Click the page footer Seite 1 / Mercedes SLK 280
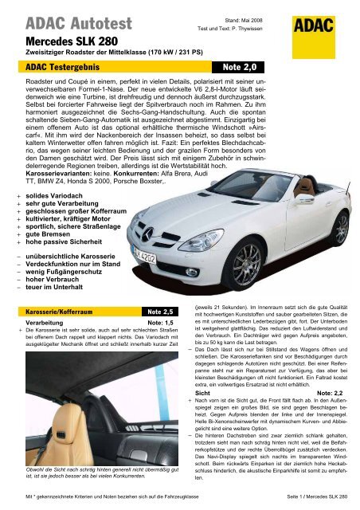point(315,496)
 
